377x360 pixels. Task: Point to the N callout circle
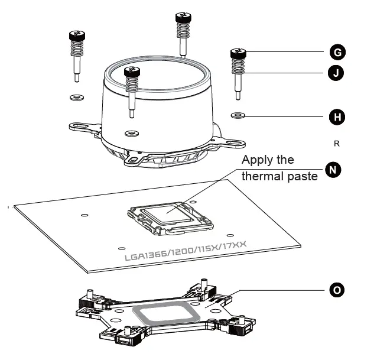coord(334,170)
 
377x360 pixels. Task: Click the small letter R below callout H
coord(337,143)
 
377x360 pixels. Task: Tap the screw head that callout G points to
coord(238,54)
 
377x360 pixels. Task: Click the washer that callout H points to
coord(238,114)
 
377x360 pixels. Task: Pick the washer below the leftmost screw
coord(76,96)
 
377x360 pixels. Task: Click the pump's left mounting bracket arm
coord(82,125)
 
